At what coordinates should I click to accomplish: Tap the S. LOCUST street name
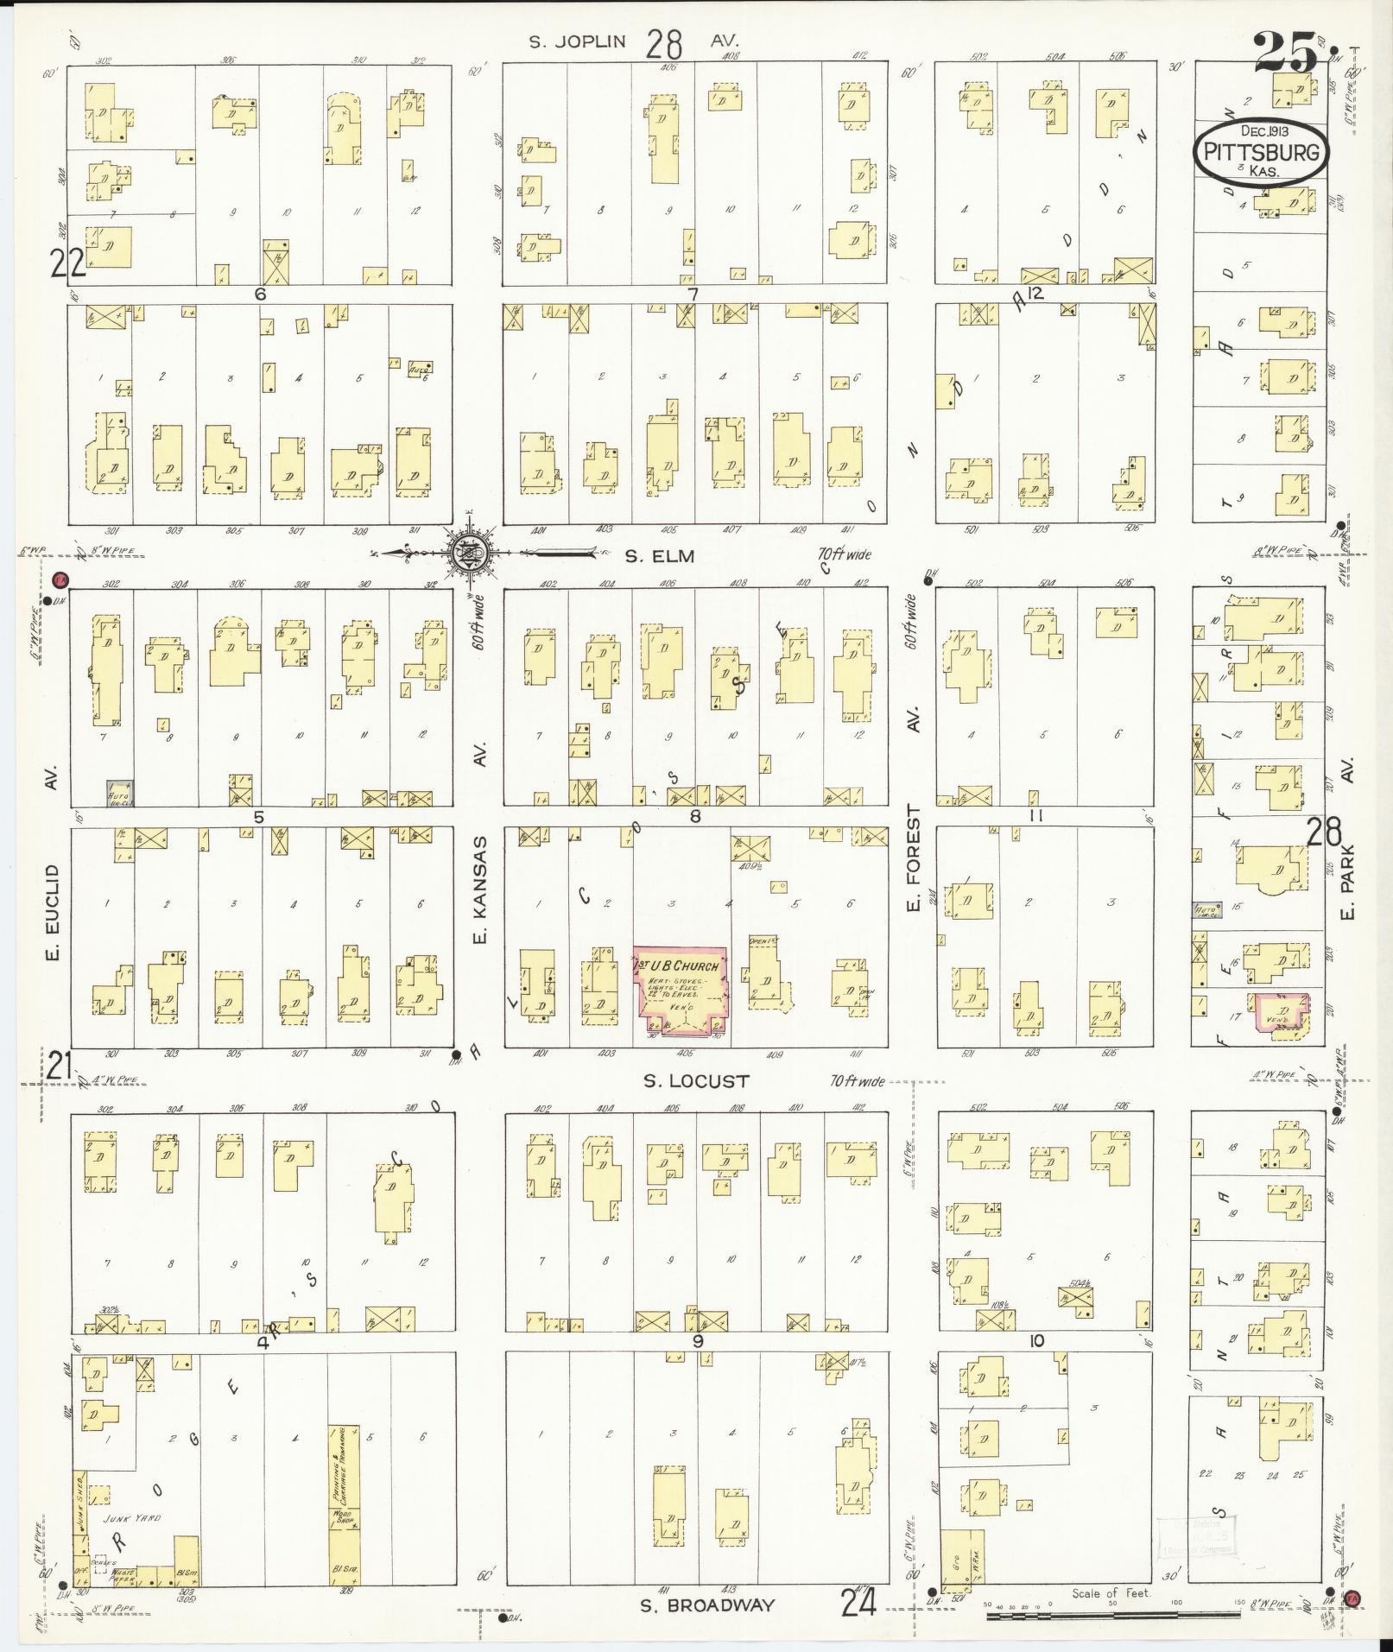pyautogui.click(x=695, y=1080)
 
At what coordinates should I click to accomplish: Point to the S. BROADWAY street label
pyautogui.click(x=706, y=1605)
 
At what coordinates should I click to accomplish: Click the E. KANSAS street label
pyautogui.click(x=482, y=889)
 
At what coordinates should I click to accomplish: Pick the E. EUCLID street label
pyautogui.click(x=52, y=913)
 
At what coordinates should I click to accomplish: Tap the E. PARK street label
pyautogui.click(x=1349, y=882)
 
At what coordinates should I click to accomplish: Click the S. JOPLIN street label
pyautogui.click(x=577, y=41)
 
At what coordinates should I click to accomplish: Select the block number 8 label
pyautogui.click(x=694, y=815)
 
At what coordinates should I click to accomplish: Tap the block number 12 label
pyautogui.click(x=1035, y=294)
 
